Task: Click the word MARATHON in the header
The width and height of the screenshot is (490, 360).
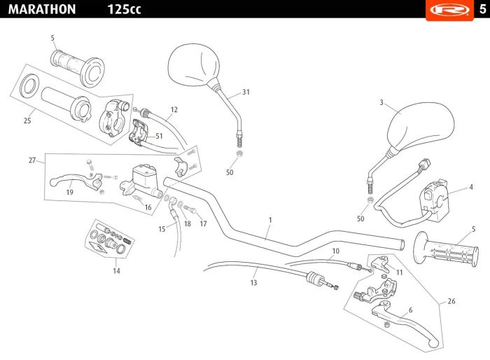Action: point(42,9)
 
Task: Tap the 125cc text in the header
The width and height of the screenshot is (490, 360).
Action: point(124,9)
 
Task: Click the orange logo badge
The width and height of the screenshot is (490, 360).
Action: point(449,9)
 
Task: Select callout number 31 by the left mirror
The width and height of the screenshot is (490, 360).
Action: point(246,92)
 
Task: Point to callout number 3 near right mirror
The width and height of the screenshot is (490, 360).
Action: point(381,102)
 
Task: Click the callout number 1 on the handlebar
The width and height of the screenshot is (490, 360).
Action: point(270,220)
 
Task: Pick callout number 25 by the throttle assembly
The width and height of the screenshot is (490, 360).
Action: point(27,120)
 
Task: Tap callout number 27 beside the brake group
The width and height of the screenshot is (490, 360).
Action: point(32,160)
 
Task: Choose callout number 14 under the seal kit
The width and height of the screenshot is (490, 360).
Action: point(116,271)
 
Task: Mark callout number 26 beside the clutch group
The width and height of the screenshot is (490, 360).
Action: point(451,301)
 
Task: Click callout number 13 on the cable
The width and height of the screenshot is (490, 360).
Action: point(253,283)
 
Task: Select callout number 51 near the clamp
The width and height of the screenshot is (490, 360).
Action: point(159,136)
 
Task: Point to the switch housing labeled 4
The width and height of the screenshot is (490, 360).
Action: point(435,200)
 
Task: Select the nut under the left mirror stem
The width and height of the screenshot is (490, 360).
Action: point(239,153)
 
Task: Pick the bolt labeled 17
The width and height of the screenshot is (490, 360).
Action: point(190,209)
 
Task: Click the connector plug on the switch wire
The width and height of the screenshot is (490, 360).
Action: point(425,164)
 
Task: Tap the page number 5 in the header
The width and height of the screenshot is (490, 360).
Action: point(482,9)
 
